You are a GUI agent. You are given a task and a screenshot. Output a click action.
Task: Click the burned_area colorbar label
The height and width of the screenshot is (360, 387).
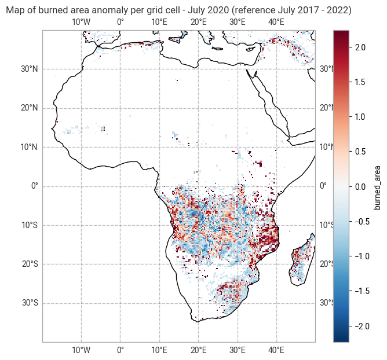coord(378,186)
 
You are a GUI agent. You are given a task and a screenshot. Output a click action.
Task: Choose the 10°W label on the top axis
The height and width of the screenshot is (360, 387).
coord(81,23)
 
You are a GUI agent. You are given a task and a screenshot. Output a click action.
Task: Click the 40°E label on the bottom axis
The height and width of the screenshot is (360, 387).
coord(276,350)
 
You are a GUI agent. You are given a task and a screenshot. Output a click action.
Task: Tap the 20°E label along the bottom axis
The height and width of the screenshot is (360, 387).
coord(198,350)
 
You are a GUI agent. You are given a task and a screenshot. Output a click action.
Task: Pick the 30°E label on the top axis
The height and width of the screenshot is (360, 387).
coord(238,23)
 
